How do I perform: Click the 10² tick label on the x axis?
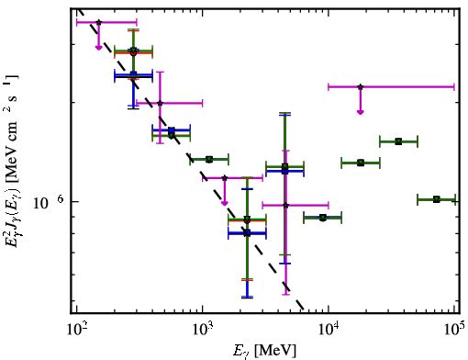coord(76,330)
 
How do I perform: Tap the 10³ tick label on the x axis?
coord(202,330)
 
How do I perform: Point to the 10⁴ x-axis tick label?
coord(329,330)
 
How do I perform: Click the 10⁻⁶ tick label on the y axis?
coord(48,202)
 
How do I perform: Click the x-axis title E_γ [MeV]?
coord(264,351)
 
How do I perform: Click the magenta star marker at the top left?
coord(98,22)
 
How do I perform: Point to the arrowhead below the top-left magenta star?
coord(98,48)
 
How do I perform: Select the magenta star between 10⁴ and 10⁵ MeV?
coord(361,87)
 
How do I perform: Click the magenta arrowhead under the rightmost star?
coord(361,112)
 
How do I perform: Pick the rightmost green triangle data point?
coord(437,199)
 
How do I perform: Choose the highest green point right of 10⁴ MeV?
coord(398,141)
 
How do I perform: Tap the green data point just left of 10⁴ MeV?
coord(323,218)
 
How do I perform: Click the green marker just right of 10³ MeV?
coord(209,160)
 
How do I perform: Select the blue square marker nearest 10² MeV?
coord(133,74)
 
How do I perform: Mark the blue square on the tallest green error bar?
coord(284,171)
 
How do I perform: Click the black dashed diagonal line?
coord(191,159)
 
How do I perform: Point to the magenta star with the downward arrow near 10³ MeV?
coord(225,178)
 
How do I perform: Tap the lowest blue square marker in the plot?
coord(248,233)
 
